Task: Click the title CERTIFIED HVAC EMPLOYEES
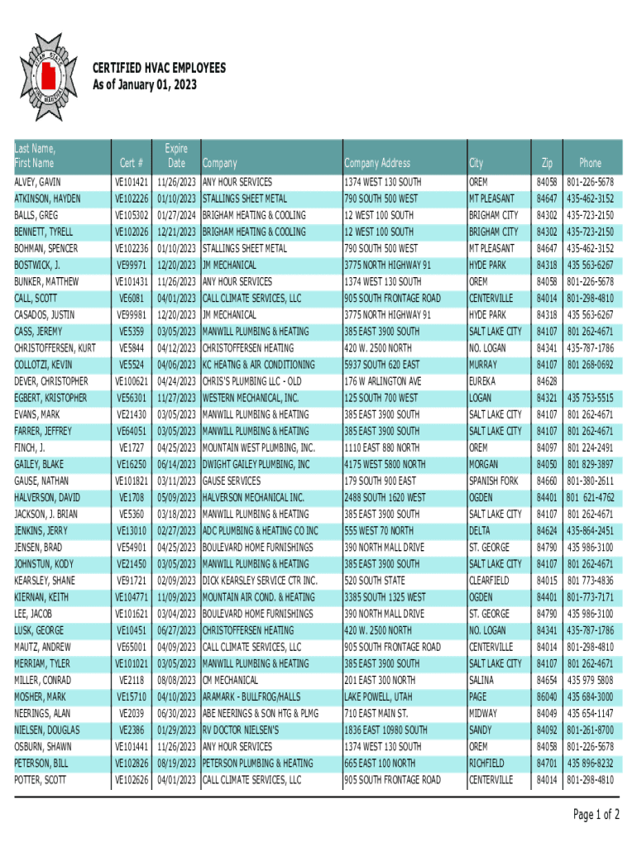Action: tap(158, 69)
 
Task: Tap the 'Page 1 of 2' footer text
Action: tap(596, 815)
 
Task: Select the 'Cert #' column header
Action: tap(132, 164)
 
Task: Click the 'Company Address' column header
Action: tap(376, 164)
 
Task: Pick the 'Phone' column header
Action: tap(590, 164)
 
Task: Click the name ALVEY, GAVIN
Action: tap(37, 182)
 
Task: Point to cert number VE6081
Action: tap(134, 298)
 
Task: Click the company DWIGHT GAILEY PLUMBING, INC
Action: tap(256, 464)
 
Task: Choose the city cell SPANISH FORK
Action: tap(493, 481)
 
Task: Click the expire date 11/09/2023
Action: tap(175, 597)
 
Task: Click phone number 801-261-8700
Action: tap(590, 730)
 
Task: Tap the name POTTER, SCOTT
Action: tap(39, 780)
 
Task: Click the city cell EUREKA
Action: tap(482, 381)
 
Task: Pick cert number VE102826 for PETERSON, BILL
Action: tap(132, 763)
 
